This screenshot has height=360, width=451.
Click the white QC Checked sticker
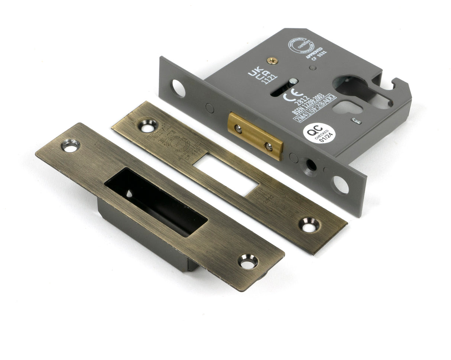pyautogui.click(x=319, y=133)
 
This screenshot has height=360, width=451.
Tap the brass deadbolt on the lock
pyautogui.click(x=255, y=136)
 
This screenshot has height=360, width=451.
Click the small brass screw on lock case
pyautogui.click(x=273, y=60)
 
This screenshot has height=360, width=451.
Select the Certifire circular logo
pyautogui.click(x=299, y=45)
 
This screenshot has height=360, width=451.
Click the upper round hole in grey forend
pyautogui.click(x=178, y=88)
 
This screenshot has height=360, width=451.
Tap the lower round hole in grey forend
pyautogui.click(x=340, y=185)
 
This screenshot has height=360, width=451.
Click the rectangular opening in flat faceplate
pyautogui.click(x=226, y=175)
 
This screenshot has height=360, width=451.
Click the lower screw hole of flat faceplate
pyautogui.click(x=309, y=225)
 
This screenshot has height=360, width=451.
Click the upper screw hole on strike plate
pyautogui.click(x=70, y=145)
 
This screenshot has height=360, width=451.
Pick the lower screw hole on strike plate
pyautogui.click(x=247, y=261)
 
